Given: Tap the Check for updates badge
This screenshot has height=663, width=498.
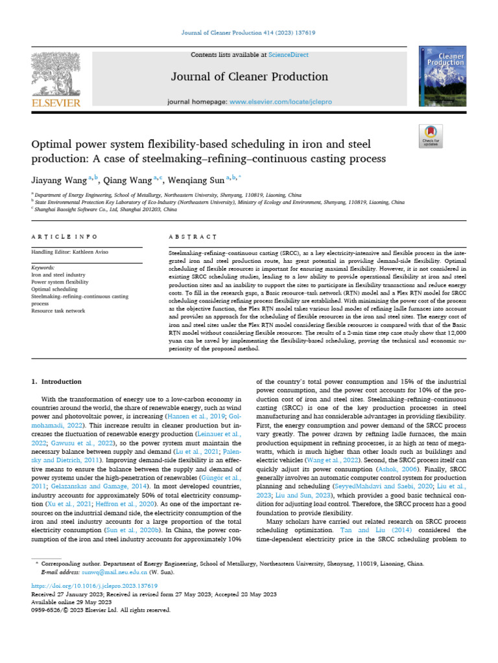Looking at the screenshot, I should (x=431, y=135).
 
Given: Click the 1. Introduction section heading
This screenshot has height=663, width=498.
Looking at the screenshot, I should (x=57, y=382).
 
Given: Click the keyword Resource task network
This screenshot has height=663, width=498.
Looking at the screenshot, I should (x=58, y=311).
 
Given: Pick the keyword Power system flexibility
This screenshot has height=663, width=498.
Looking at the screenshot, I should (x=60, y=282).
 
